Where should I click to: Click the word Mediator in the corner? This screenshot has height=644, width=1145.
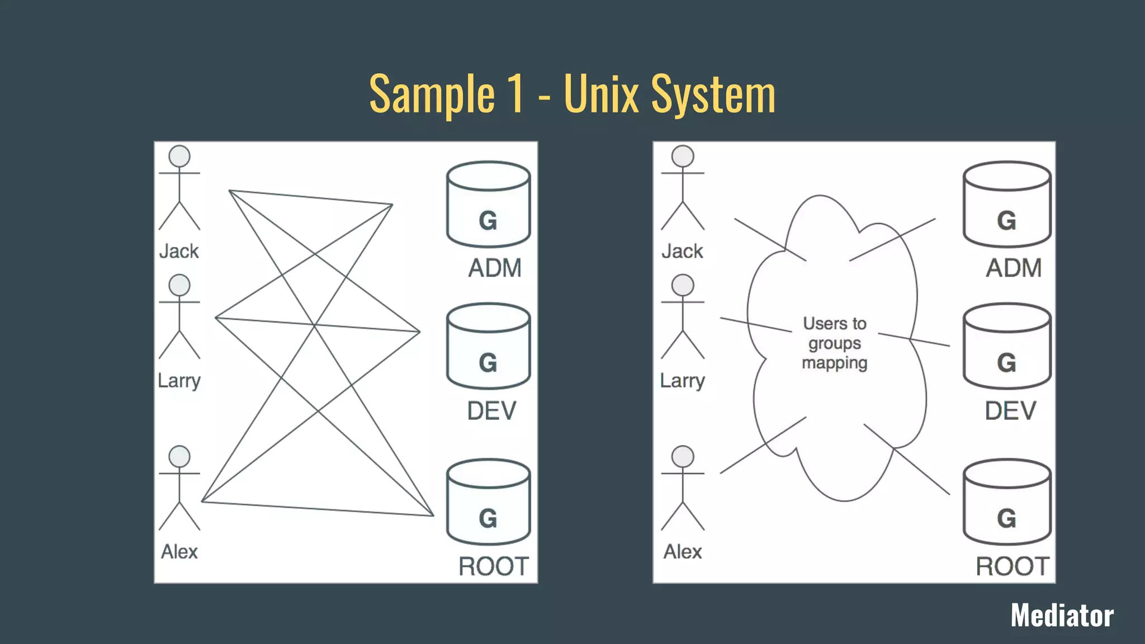[1062, 615]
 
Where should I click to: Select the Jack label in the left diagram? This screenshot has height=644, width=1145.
[179, 252]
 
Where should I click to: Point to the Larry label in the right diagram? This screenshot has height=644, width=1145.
[682, 381]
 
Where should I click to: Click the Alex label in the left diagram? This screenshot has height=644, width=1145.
[179, 552]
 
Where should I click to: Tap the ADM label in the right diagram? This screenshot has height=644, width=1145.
[1014, 268]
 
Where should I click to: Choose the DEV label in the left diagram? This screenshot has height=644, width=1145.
[491, 411]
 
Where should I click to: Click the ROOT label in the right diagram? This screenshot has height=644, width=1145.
[1012, 566]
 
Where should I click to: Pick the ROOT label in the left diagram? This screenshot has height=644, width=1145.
[493, 566]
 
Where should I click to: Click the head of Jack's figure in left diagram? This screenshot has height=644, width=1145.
[179, 156]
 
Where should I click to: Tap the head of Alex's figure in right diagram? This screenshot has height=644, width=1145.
[683, 456]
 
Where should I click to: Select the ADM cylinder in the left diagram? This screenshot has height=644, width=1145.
[488, 205]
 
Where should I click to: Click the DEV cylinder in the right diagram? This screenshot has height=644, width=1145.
[1007, 347]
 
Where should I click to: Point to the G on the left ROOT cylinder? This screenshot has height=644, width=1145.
[488, 518]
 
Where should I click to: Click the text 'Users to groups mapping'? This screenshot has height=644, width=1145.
[835, 343]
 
